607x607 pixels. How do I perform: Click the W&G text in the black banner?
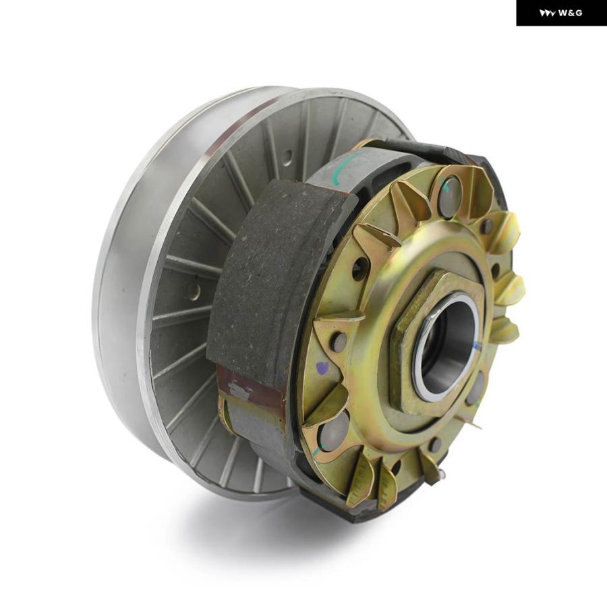tap(570, 13)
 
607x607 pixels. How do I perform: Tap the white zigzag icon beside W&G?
tap(548, 13)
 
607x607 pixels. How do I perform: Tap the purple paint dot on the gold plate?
tap(321, 368)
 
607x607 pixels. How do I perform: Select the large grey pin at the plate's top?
tap(449, 197)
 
